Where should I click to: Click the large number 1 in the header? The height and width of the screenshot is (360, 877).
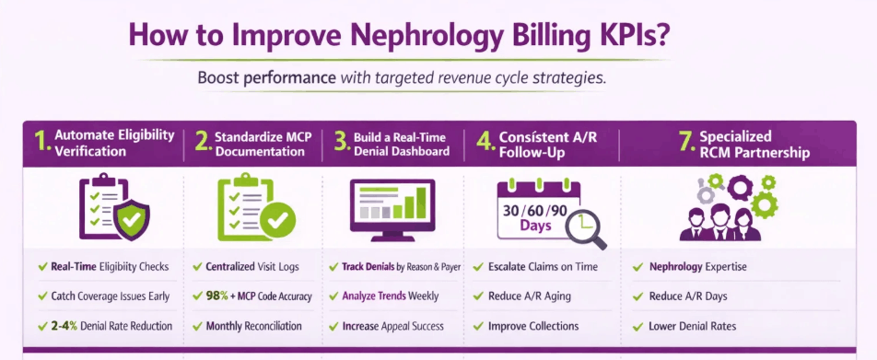click(x=41, y=143)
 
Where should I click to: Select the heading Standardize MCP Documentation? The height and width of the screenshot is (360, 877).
click(x=263, y=144)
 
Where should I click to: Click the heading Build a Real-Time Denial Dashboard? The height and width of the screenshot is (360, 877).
click(x=402, y=144)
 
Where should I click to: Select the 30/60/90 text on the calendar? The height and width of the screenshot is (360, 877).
click(x=535, y=209)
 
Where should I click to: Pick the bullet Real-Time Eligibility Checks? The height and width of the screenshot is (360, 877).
click(x=110, y=267)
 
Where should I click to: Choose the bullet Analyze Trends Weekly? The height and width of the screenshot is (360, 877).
click(x=390, y=296)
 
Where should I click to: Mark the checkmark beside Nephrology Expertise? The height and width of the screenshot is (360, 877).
click(x=637, y=267)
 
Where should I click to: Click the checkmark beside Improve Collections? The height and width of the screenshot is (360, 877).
click(x=478, y=326)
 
